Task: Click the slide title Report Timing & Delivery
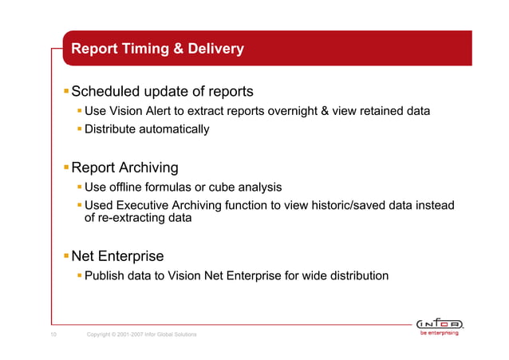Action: [x=157, y=49]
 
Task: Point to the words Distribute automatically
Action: [x=147, y=129]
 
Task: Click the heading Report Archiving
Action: [x=124, y=168]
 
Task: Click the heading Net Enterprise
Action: [x=117, y=256]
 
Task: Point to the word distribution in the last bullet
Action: [x=357, y=276]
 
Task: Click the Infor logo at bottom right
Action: [x=440, y=323]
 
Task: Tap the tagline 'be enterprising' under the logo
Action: [x=440, y=334]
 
